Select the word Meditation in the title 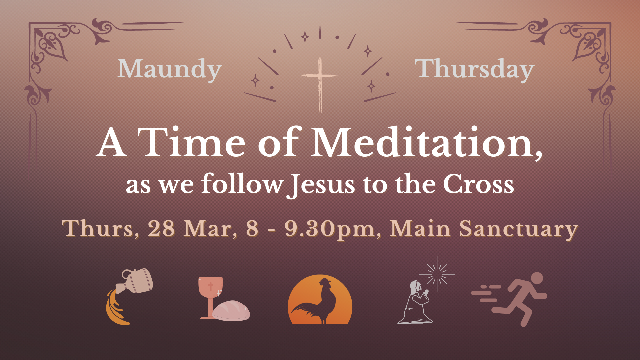(427, 142)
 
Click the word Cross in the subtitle (479, 184)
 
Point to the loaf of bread (231, 311)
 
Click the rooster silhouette (317, 302)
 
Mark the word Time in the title (192, 142)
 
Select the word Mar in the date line (210, 229)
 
